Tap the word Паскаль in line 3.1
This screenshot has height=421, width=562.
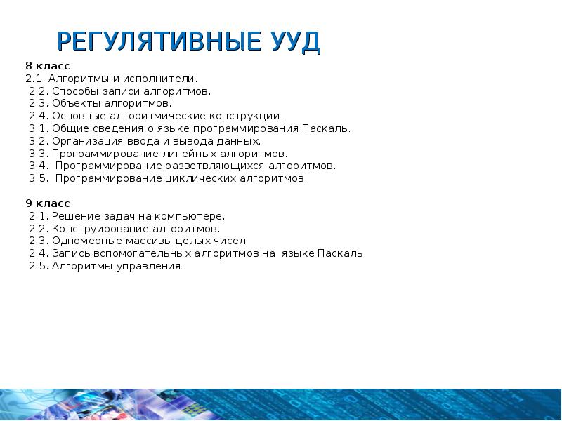[x=325, y=129]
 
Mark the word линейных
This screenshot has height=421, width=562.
[x=162, y=154]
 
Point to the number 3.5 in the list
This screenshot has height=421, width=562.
[x=38, y=179]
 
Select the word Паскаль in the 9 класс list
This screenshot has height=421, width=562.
[x=341, y=254]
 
